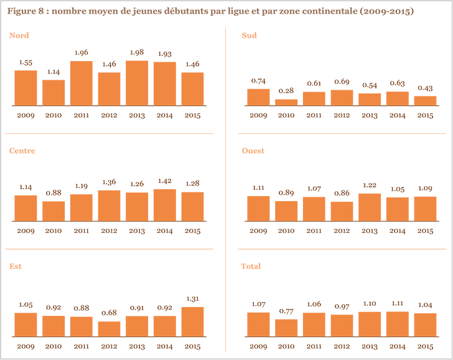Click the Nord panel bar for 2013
click(x=137, y=83)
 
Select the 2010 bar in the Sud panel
click(x=286, y=102)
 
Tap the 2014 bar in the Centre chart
click(x=165, y=205)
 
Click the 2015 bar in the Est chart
click(x=193, y=321)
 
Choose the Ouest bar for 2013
click(x=370, y=207)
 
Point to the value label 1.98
click(x=137, y=54)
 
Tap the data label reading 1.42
click(x=165, y=182)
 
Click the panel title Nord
click(x=19, y=36)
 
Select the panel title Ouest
click(x=253, y=151)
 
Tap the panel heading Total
click(x=251, y=266)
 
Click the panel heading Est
click(x=16, y=266)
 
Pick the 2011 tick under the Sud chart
click(x=314, y=116)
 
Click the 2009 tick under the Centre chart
click(x=26, y=231)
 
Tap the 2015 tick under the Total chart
click(x=425, y=346)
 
